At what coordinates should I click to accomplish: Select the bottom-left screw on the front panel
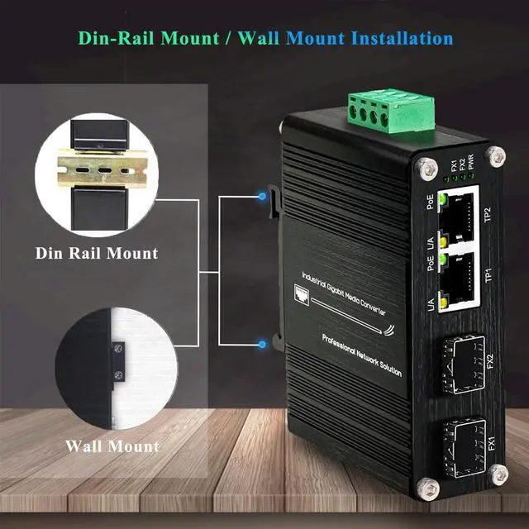(431, 488)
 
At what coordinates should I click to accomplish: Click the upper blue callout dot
(262, 197)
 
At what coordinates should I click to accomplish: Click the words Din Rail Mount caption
(97, 253)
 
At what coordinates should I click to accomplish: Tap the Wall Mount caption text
(112, 446)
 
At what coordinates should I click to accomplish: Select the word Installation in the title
(402, 38)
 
